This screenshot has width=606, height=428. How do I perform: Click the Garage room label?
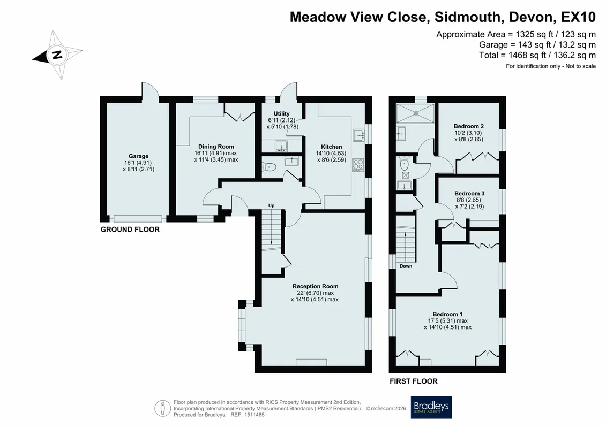point(138,156)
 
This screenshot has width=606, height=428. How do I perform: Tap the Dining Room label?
point(216,147)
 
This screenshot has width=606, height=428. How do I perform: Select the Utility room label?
point(281,114)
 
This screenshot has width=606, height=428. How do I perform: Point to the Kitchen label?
point(332,147)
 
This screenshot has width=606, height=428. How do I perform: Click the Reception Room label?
point(316,286)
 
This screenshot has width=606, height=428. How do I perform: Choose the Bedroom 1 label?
point(447,314)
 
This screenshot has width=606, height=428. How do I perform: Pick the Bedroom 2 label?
point(469,126)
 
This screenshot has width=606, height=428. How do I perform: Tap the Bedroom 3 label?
point(469,193)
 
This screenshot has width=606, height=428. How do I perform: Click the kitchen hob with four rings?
point(358,165)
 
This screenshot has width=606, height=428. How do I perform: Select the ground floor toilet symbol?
point(270,167)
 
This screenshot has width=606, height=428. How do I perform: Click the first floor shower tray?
point(415,113)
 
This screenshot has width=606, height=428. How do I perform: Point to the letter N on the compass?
point(57,55)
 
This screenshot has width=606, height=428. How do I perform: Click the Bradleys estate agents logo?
point(431,407)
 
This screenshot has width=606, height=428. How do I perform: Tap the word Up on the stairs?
point(271,205)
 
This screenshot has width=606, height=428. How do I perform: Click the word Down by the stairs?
point(406,266)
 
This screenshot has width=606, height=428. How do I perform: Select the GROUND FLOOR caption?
point(130,230)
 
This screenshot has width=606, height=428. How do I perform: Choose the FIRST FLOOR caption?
point(414,381)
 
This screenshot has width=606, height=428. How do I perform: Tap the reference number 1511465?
point(253,415)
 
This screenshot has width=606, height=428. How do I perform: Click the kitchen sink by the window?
point(358,135)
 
